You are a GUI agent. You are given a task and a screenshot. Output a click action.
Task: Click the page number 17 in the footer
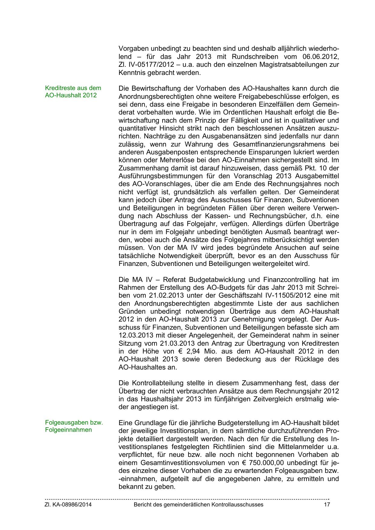(x=327, y=505)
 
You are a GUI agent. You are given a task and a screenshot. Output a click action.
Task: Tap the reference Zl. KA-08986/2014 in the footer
(x=68, y=505)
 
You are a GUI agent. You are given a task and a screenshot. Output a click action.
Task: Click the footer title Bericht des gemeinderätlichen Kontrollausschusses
(x=199, y=505)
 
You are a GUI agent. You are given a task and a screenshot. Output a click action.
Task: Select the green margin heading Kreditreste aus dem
(x=73, y=88)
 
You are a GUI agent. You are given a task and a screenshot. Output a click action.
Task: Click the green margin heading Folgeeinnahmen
(x=68, y=430)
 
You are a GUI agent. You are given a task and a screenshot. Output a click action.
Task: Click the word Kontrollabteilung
(x=167, y=383)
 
